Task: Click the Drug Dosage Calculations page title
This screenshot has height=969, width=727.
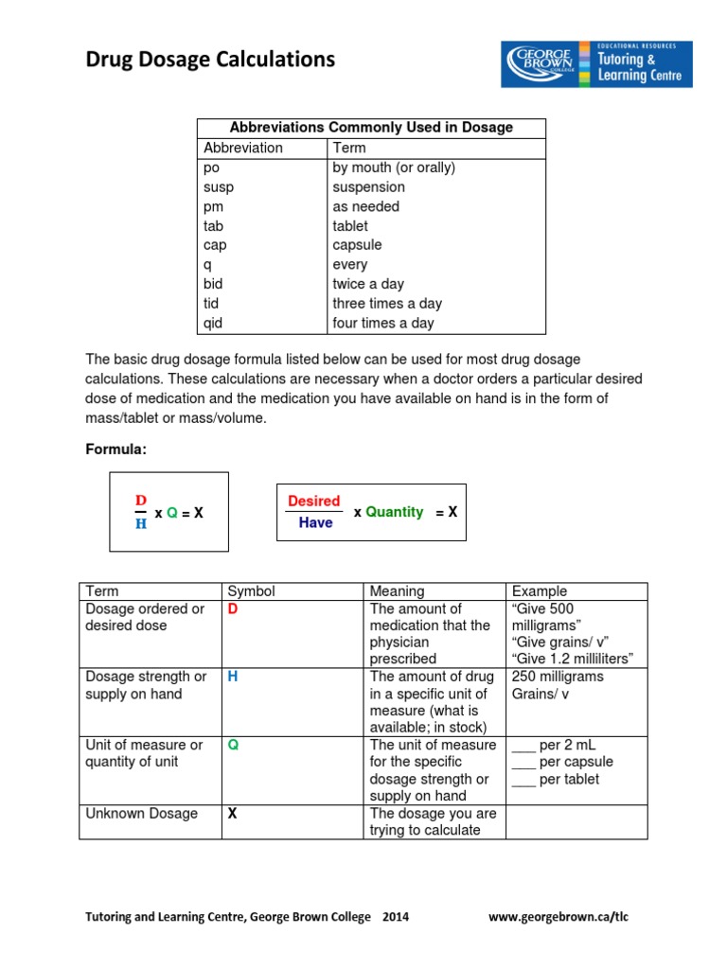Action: [x=210, y=61]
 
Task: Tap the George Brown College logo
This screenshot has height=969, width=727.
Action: [x=596, y=64]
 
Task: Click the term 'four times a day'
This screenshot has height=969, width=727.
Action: [x=382, y=323]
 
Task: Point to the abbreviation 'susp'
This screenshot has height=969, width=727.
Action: [x=218, y=187]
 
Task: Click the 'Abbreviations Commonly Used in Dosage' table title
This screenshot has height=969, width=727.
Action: [x=371, y=128]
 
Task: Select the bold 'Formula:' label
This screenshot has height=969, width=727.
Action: [x=116, y=449]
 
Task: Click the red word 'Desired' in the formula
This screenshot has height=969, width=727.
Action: [x=313, y=502]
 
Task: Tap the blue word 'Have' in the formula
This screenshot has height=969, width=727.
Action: [x=315, y=522]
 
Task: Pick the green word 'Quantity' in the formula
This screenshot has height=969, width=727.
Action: [x=394, y=512]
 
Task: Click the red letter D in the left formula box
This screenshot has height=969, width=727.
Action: [x=141, y=500]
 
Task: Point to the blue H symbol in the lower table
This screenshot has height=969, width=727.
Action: [x=232, y=677]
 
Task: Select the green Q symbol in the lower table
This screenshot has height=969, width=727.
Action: [x=232, y=745]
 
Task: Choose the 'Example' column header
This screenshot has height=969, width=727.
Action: [x=539, y=591]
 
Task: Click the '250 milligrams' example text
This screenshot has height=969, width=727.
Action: [x=557, y=677]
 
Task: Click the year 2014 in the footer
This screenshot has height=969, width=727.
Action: [x=396, y=917]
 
